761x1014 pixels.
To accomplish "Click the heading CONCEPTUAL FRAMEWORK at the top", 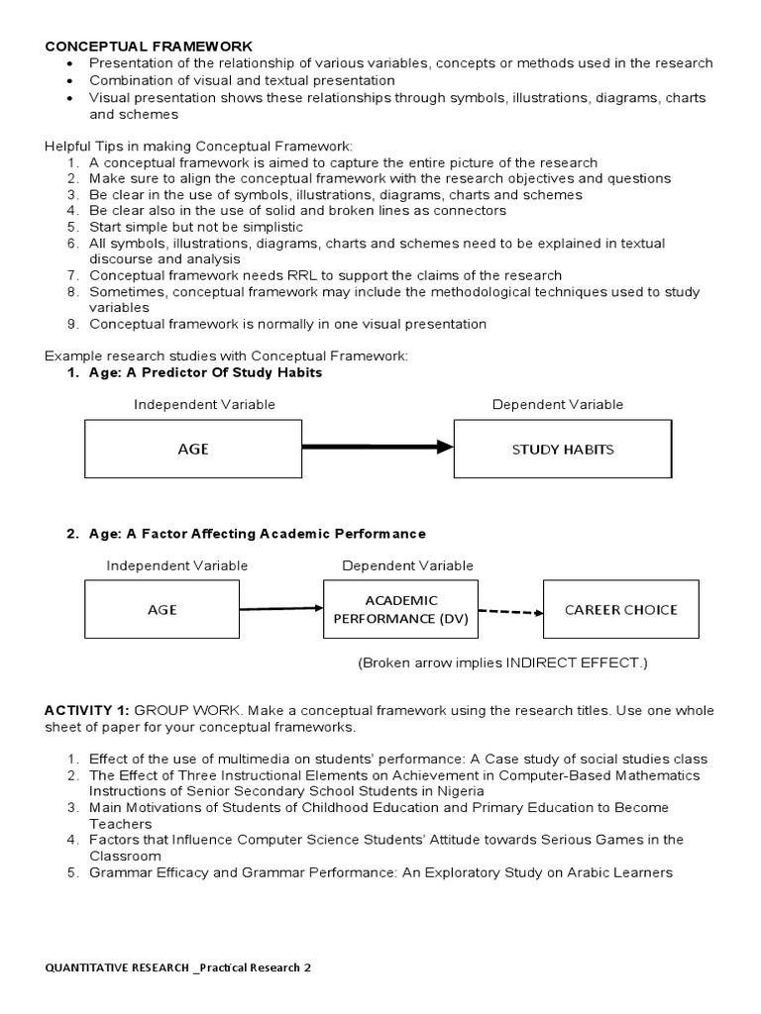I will [149, 46].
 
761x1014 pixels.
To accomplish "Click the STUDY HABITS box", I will [562, 449].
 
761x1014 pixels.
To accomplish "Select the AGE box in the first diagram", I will [192, 449].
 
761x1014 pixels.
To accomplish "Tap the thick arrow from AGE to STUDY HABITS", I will [377, 448].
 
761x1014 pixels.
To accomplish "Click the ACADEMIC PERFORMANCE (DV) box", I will [401, 610].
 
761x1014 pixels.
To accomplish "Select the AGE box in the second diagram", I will [162, 609].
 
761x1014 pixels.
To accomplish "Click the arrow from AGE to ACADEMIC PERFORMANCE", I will [281, 608].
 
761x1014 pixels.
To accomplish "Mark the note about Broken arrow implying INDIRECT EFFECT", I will [502, 662].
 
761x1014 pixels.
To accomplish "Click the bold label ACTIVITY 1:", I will [87, 711].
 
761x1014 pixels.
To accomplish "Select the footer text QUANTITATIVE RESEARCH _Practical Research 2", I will [178, 967].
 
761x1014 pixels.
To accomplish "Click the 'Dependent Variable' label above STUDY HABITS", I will [558, 404].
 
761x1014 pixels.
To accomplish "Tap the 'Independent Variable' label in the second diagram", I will [177, 565].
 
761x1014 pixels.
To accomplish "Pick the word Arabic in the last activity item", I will [591, 872].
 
